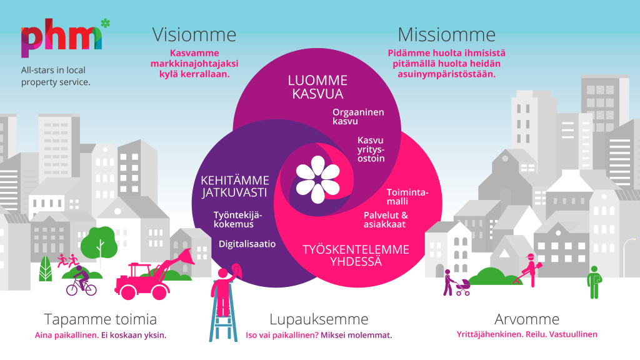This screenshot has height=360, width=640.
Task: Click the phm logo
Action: tap(61, 39)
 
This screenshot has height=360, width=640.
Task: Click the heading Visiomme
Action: tap(194, 34)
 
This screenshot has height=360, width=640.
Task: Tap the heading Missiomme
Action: tap(446, 34)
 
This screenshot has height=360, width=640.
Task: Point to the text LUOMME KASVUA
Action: tap(317, 87)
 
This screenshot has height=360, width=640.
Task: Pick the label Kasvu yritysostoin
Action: tap(371, 149)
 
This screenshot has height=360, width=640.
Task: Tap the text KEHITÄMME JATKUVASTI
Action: tap(235, 186)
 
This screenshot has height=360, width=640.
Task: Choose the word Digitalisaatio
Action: tap(247, 244)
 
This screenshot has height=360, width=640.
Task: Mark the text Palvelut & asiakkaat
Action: tap(386, 219)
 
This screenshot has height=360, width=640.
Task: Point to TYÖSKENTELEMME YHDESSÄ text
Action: tap(356, 256)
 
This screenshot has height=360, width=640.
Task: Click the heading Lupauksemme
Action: tap(319, 319)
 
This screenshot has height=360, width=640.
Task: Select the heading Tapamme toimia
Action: tap(101, 319)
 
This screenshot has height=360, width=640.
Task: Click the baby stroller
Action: tap(463, 286)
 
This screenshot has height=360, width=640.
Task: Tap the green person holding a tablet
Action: tap(594, 281)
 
